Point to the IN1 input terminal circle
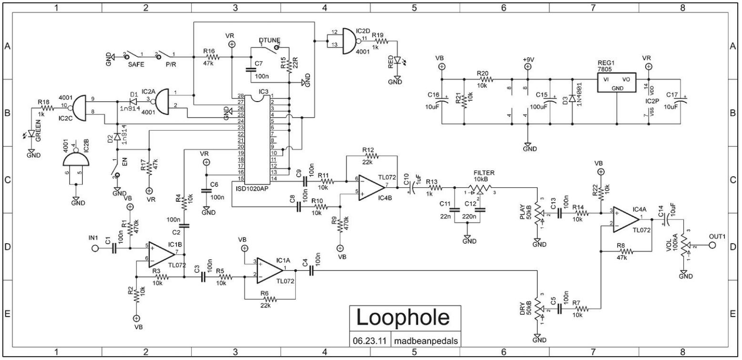point(95,248)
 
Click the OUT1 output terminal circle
point(712,245)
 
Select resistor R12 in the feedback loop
point(370,155)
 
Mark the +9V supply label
point(528,59)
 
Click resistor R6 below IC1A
point(269,299)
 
